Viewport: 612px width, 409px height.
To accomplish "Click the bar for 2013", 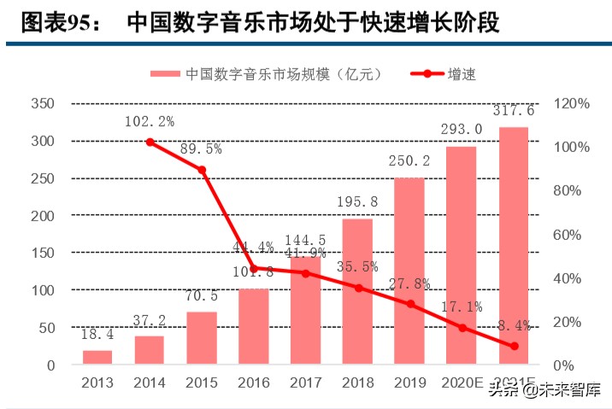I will (97, 357).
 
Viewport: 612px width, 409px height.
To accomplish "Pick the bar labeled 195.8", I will (357, 291).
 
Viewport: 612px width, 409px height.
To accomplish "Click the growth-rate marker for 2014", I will (150, 142).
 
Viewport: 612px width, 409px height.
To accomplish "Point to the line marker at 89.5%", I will (202, 170).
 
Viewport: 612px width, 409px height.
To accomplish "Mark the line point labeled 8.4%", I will (514, 346).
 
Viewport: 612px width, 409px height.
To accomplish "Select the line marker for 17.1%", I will (462, 327).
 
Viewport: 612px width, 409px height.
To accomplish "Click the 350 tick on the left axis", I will (42, 103).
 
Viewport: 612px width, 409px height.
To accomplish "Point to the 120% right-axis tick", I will (571, 103).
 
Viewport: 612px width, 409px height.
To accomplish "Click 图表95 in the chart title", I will (53, 21).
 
